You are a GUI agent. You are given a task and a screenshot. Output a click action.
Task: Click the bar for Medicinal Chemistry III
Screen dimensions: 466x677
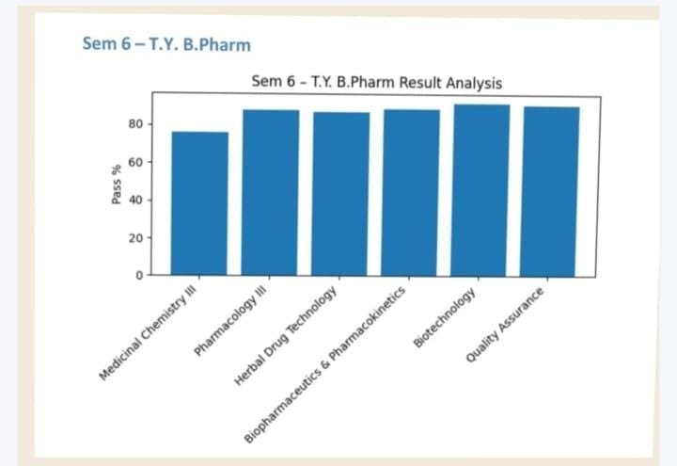pos(199,203)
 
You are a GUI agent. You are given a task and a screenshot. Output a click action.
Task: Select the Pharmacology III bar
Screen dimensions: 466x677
pos(271,193)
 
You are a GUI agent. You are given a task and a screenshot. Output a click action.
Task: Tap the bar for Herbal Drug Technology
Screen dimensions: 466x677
pos(341,194)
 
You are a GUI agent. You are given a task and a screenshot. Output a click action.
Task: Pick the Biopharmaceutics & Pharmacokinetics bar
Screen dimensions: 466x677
pos(411,193)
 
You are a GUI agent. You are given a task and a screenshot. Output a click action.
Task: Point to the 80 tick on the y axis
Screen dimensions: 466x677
pos(134,124)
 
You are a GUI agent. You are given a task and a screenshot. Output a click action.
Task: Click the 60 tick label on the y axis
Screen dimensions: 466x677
pos(134,163)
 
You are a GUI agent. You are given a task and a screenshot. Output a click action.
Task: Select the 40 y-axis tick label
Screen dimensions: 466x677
pos(134,201)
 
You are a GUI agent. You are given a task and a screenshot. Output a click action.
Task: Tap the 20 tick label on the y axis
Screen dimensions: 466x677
pos(134,238)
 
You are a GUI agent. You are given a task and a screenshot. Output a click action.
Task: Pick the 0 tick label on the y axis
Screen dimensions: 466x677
pos(137,276)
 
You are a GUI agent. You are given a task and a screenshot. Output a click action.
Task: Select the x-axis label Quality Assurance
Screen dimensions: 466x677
pos(508,325)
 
